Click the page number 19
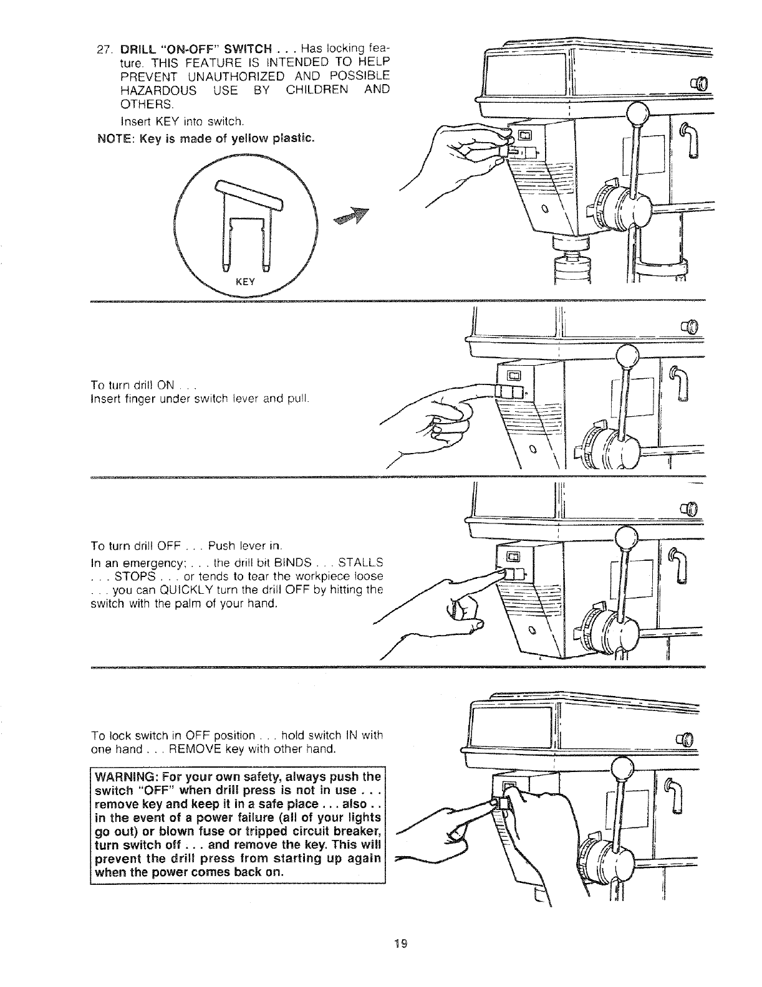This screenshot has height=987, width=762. point(401,943)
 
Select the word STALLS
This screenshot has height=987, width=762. point(360,563)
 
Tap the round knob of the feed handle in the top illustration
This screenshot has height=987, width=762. point(639,115)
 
